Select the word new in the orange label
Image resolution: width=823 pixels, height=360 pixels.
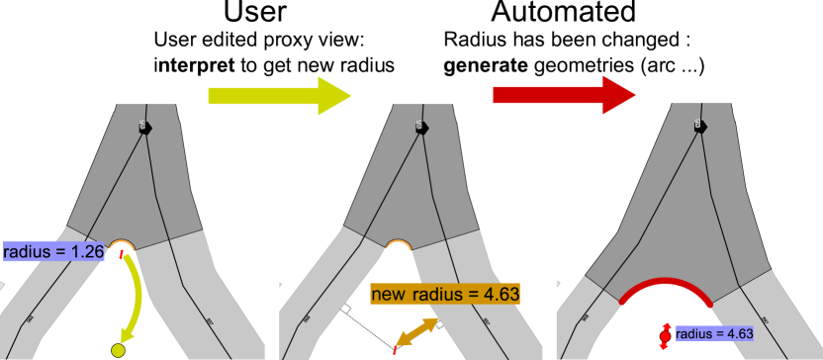point(389,294)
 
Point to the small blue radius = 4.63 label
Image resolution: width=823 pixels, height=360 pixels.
point(713,334)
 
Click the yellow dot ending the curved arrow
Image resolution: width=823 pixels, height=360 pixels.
point(119,350)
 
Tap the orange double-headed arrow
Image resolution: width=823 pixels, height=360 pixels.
point(416,332)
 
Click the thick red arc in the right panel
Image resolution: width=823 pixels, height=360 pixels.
point(666,284)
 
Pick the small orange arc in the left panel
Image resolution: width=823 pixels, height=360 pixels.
point(122,242)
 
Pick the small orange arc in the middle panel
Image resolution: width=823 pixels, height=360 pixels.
point(398,242)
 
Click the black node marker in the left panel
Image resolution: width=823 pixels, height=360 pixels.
point(144,127)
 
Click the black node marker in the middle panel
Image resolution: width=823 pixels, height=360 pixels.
point(420,127)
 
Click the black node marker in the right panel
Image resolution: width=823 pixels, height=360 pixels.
point(699,126)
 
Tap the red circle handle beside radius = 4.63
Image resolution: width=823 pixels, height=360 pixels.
point(665,335)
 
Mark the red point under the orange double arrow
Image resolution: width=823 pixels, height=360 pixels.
point(395,349)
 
